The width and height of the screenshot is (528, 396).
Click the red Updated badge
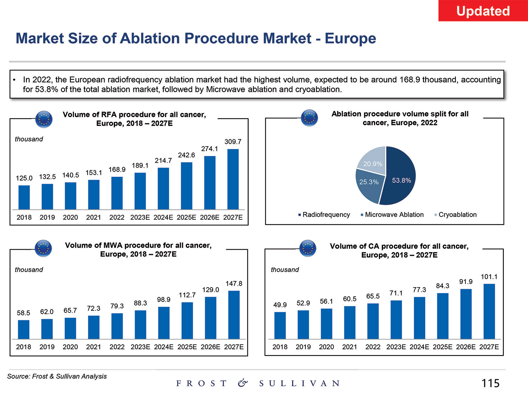tap(483, 11)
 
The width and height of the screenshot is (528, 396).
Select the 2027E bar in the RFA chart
tap(233, 179)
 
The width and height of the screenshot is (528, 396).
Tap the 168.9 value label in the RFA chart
tap(117, 170)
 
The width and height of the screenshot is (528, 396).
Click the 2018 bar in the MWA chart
tap(24, 329)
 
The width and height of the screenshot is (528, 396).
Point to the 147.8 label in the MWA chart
tap(234, 284)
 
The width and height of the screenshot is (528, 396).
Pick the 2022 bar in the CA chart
tap(373, 321)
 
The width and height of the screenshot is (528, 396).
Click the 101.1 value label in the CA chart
tap(489, 277)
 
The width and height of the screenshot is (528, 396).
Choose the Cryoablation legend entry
tap(457, 215)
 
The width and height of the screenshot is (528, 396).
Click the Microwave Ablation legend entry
tap(394, 215)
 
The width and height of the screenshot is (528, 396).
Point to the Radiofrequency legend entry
tap(326, 215)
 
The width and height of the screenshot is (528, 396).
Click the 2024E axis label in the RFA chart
tap(163, 218)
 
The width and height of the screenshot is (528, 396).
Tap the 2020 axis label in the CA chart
tap(326, 347)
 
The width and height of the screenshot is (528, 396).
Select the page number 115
tap(490, 383)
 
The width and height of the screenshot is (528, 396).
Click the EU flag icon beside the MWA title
tap(44, 249)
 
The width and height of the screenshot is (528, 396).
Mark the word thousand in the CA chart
tap(284, 270)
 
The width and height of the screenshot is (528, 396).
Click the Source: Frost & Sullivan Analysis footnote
tap(57, 376)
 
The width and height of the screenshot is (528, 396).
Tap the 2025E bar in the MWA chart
tap(187, 320)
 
